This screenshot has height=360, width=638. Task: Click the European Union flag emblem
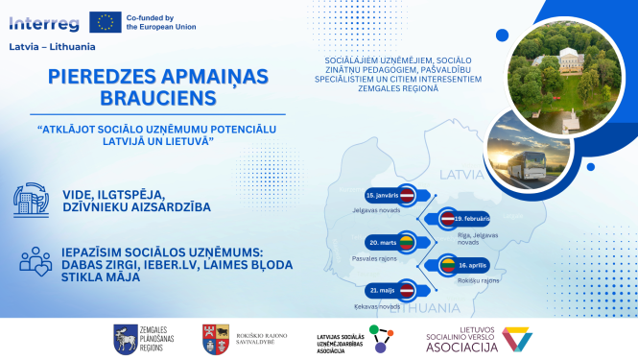pos(105,21)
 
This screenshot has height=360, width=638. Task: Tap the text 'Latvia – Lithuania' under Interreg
pos(45,46)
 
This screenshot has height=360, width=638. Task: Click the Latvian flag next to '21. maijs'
pos(406,289)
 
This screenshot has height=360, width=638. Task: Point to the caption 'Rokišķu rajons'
pos(478,280)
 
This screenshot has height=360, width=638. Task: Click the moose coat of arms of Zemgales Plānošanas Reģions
pos(125,338)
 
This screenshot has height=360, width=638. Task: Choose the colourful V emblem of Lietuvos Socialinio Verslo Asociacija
pos(516,339)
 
